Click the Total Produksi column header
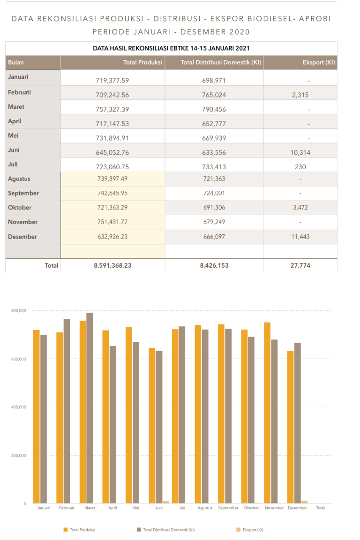point(142,62)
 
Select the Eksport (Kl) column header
point(319,62)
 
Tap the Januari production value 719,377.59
point(112,80)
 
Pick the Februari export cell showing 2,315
point(300,95)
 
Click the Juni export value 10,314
point(300,152)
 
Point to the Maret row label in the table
point(16,107)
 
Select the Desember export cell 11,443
point(300,237)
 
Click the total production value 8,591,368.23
point(112,265)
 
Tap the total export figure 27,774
point(300,265)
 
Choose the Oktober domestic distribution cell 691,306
point(214,208)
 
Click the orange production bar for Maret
point(82,412)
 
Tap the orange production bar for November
point(267,412)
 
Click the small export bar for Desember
point(305,502)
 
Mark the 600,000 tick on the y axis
point(19,359)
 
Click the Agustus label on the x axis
point(205,508)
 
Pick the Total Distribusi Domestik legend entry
point(168,530)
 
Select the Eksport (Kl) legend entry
point(253,530)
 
